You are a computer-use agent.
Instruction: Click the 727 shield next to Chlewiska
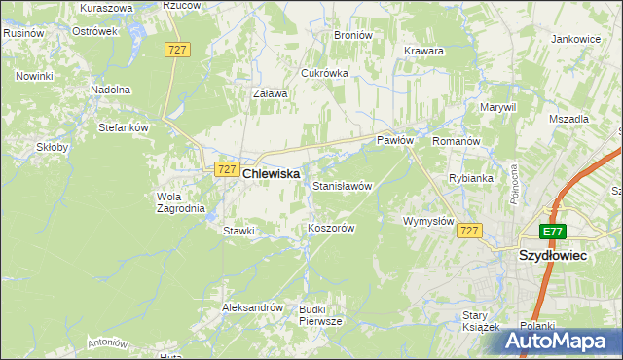(226, 169)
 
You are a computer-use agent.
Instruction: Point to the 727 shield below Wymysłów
(469, 231)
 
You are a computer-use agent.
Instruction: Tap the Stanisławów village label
(343, 185)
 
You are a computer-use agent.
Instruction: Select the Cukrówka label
(325, 73)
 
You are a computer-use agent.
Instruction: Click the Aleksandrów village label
(252, 306)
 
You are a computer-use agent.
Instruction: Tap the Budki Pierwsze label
(320, 314)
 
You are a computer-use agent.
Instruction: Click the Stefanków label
(123, 126)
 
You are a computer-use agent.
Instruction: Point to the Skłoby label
(53, 148)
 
